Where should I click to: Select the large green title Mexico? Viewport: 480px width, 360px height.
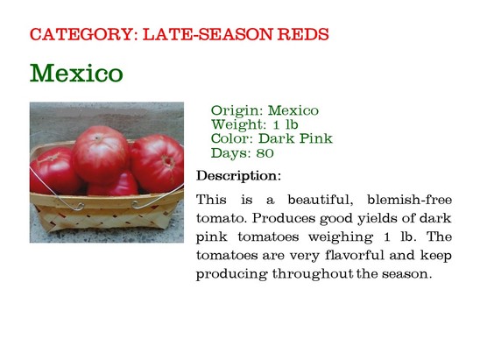(76, 73)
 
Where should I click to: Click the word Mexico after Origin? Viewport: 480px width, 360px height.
(293, 110)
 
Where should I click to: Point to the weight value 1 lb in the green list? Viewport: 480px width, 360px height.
(285, 124)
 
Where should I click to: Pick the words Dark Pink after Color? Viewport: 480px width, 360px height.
(295, 138)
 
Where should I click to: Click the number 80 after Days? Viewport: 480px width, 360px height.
(265, 153)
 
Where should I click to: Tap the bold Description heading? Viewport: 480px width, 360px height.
(238, 176)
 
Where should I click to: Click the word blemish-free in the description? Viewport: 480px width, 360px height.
(409, 200)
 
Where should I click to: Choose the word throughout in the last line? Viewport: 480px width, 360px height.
(313, 273)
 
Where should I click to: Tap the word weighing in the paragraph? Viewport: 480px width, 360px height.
(341, 237)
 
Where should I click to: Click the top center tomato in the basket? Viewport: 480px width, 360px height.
(101, 155)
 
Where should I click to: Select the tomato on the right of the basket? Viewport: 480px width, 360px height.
(157, 163)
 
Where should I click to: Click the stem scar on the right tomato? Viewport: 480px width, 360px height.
(168, 161)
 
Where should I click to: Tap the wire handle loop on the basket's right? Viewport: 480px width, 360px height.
(137, 204)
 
